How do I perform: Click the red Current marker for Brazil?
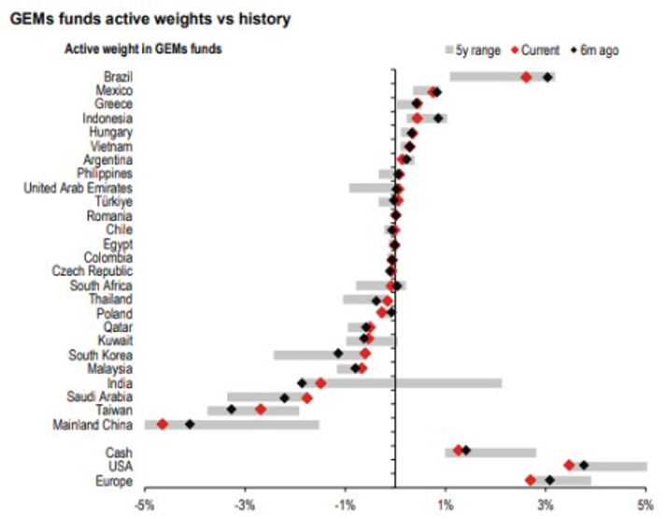[x=526, y=78]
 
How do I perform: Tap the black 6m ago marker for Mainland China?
[x=190, y=425]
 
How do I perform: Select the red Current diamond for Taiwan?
[x=261, y=410]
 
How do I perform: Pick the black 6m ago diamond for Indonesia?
[x=438, y=119]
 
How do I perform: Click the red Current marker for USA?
[x=569, y=465]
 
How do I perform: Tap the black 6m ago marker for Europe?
[x=549, y=480]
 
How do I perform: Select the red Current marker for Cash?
[x=458, y=450]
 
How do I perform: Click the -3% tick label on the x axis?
[x=245, y=506]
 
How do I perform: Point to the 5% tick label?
[x=646, y=506]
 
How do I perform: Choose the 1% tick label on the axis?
[x=446, y=506]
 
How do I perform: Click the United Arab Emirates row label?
[x=78, y=188]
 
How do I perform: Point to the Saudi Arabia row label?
[x=100, y=396]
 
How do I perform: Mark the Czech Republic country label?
[x=93, y=271]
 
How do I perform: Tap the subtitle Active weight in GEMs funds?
[x=142, y=50]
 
